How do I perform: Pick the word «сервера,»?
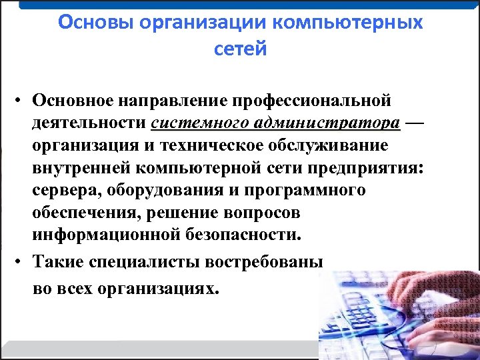[64, 191]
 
